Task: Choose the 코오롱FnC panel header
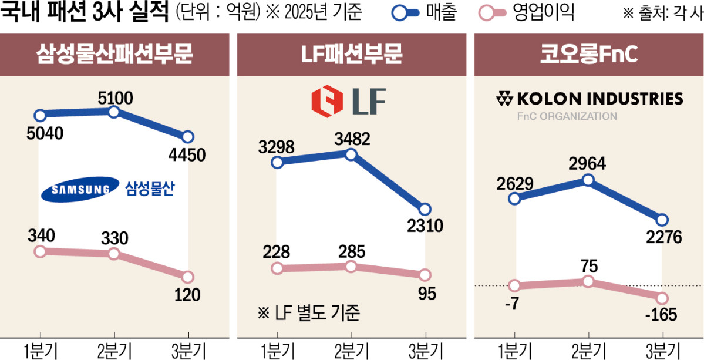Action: [x=587, y=55]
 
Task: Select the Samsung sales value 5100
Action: [x=115, y=96]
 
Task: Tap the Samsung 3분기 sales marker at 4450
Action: [x=188, y=137]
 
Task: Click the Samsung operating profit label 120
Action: [x=188, y=294]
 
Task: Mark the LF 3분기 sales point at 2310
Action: [x=425, y=210]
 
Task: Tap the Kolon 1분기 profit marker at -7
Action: [x=515, y=286]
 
